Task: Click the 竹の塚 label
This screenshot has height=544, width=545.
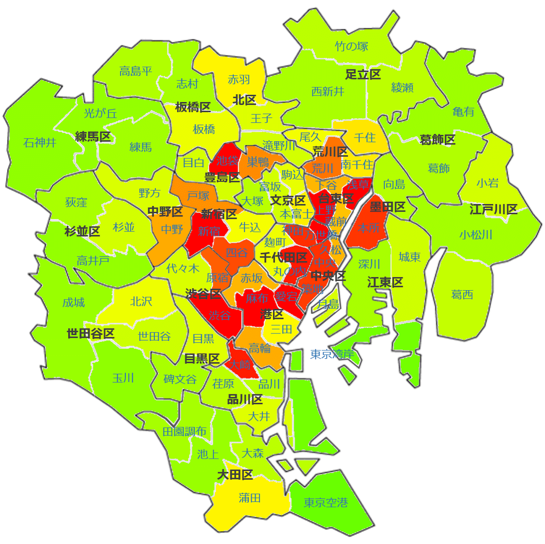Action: (352, 46)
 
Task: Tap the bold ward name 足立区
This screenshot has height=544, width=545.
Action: (363, 74)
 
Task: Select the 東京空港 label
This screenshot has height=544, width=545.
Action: (326, 503)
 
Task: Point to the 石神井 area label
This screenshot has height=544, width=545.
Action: (40, 143)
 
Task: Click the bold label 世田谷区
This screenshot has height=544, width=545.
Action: (90, 334)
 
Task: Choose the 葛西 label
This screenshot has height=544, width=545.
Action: (462, 295)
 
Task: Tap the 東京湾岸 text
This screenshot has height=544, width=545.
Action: (332, 354)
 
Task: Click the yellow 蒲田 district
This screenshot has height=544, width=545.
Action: (249, 498)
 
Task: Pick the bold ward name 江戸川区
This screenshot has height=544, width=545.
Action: (493, 209)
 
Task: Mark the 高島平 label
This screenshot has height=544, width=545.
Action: (135, 71)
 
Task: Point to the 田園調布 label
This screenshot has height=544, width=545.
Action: (184, 431)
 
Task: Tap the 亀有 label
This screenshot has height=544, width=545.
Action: (463, 112)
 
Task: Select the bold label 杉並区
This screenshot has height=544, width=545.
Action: (82, 232)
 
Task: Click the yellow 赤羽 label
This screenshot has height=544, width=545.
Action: (239, 79)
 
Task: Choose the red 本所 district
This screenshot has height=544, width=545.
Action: (368, 227)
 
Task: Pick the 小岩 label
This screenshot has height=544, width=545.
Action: (487, 183)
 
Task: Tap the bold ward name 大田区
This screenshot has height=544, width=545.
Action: (235, 475)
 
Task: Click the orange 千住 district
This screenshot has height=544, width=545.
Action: (365, 137)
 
